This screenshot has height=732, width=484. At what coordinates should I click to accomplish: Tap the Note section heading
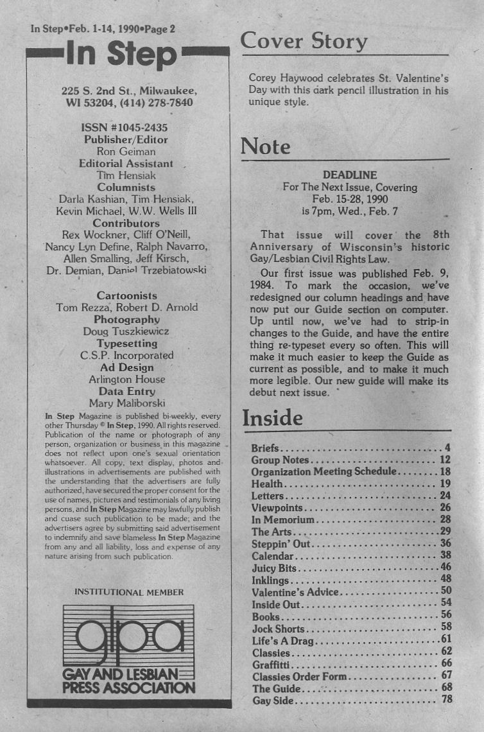tap(265, 147)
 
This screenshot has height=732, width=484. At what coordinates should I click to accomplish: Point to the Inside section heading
tap(272, 418)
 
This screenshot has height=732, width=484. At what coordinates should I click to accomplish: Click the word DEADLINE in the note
tap(350, 175)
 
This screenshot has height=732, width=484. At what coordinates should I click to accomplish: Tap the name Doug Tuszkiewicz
tap(126, 331)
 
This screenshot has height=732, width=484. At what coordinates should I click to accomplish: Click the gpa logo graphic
tap(128, 634)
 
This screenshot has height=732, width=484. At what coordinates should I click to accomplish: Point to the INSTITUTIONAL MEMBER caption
tap(129, 592)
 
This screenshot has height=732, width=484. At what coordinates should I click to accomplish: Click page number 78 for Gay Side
tap(446, 699)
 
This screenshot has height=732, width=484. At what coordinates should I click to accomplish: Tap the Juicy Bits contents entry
tap(275, 568)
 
